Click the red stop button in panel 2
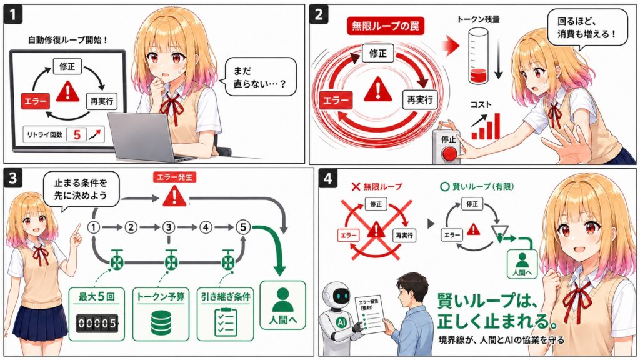point(450,154)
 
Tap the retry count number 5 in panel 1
point(77,134)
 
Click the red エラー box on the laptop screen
point(35,101)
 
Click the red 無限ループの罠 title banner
point(386,26)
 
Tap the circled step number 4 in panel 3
point(206,227)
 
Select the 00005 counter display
point(97,323)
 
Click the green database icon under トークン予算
point(161,322)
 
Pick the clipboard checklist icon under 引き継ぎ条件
point(226,322)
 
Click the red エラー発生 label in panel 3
point(175,177)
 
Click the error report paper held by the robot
point(369,315)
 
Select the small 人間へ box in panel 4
point(522,264)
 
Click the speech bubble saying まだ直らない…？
point(261,77)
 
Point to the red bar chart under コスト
point(486,127)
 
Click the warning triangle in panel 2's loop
point(378,90)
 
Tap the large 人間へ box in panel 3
point(283,305)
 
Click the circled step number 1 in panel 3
point(94,227)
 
